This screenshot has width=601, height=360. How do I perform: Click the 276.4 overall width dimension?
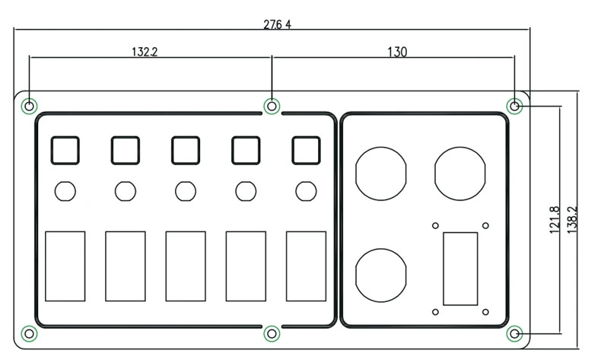pyautogui.click(x=277, y=24)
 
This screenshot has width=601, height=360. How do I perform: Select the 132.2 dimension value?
pyautogui.click(x=145, y=52)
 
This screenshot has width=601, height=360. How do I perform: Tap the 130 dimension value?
pyautogui.click(x=397, y=52)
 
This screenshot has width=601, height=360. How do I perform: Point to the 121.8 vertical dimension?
pyautogui.click(x=555, y=220)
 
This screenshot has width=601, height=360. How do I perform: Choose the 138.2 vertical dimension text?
pyautogui.click(x=572, y=220)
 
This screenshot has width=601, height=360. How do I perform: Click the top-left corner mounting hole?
pyautogui.click(x=29, y=106)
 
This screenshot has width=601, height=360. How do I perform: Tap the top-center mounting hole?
pyautogui.click(x=272, y=106)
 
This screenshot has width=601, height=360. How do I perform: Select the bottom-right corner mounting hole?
pyautogui.click(x=514, y=334)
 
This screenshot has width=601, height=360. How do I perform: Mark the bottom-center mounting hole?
pyautogui.click(x=272, y=334)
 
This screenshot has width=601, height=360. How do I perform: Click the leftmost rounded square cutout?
pyautogui.click(x=65, y=150)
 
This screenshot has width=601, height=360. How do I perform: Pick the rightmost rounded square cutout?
pyautogui.click(x=306, y=150)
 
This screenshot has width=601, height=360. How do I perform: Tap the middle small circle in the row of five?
pyautogui.click(x=186, y=191)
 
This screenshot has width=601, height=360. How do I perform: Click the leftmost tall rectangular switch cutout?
pyautogui.click(x=65, y=266)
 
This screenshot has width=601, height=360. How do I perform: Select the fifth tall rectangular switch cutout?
pyautogui.click(x=306, y=266)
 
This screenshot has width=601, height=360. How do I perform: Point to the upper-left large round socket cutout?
pyautogui.click(x=380, y=174)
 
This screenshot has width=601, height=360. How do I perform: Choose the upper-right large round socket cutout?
pyautogui.click(x=460, y=174)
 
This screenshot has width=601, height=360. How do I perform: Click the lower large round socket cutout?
pyautogui.click(x=380, y=276)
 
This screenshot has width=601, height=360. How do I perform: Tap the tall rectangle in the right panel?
pyautogui.click(x=460, y=269)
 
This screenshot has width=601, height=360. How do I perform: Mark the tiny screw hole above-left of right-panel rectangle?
pyautogui.click(x=435, y=225)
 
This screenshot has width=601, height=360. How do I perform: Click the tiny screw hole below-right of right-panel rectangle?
pyautogui.click(x=485, y=312)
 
